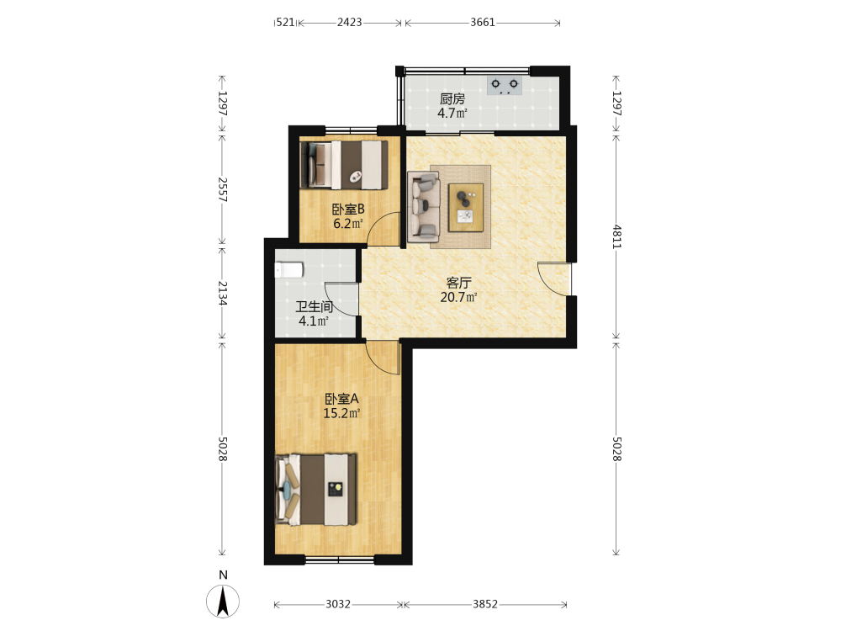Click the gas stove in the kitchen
(504, 86)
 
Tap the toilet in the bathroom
(289, 269)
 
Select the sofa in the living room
(424, 207)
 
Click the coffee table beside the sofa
(466, 208)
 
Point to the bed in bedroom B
(344, 165)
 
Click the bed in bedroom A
(316, 490)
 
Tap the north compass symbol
(223, 601)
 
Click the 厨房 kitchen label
(452, 98)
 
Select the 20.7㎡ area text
(458, 297)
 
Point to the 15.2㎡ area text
(341, 413)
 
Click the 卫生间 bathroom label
(315, 307)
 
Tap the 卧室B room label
(348, 209)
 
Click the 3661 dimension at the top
(483, 22)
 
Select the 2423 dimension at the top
(350, 22)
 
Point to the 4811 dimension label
(616, 236)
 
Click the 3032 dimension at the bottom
(338, 604)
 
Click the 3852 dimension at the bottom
(485, 604)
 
